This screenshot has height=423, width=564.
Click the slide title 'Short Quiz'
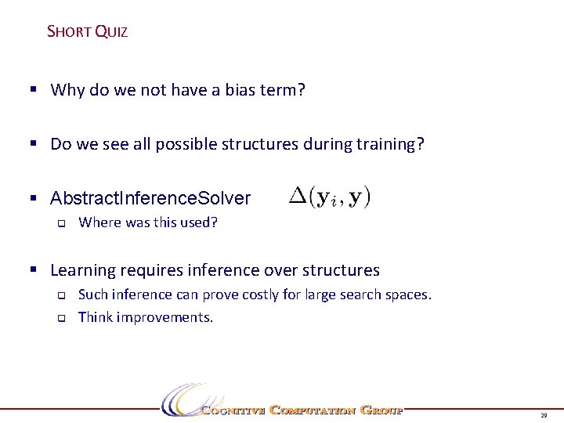coord(87,32)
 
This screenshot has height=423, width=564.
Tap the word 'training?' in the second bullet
coord(391,144)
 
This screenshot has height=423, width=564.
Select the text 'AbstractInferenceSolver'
coord(150,199)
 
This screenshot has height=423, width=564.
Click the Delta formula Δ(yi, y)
coord(330,196)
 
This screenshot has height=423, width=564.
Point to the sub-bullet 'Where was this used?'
coord(148,222)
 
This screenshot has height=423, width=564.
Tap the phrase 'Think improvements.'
coord(146,317)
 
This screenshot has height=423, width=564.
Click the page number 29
coord(544,415)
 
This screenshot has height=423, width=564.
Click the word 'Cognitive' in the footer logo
coord(231,410)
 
